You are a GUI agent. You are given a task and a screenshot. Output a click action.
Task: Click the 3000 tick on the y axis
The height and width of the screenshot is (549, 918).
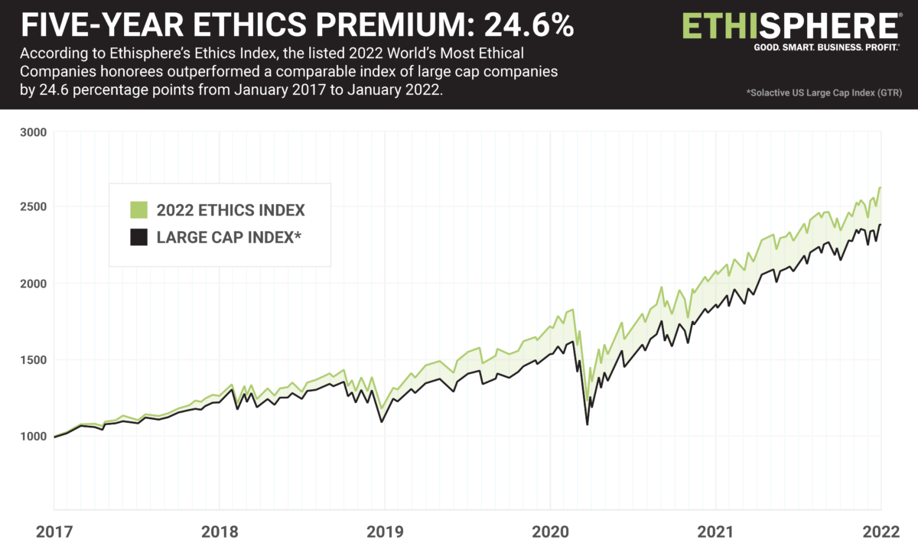(33, 132)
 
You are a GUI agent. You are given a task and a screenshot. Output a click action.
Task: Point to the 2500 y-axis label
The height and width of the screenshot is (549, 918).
(33, 207)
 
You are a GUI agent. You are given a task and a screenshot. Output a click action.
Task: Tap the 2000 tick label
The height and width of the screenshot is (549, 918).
(33, 284)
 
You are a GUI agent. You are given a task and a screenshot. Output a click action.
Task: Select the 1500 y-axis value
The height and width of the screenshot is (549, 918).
(33, 360)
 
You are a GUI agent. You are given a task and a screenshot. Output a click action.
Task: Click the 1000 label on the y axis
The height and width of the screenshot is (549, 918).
(33, 437)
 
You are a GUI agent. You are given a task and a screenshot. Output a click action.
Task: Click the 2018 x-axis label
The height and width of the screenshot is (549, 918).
(219, 532)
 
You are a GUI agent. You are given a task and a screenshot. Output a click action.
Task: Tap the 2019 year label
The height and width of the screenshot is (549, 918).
(384, 532)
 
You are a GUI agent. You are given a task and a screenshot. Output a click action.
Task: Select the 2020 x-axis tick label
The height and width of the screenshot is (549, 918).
(550, 532)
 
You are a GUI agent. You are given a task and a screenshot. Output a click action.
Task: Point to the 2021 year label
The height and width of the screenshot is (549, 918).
(715, 532)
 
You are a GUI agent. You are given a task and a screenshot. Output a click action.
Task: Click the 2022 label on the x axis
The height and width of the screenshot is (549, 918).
(881, 532)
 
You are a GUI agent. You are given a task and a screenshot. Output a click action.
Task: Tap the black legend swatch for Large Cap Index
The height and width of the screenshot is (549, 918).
(138, 238)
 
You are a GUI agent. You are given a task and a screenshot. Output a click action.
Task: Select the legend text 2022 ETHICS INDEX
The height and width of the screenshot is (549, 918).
(231, 210)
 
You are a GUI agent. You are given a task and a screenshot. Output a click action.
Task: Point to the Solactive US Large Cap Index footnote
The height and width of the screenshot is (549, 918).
(824, 93)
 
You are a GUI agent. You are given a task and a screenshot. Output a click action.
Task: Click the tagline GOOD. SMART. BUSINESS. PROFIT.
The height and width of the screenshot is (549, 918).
(817, 47)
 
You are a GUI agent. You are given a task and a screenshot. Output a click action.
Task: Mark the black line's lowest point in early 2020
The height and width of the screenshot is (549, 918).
(587, 424)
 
